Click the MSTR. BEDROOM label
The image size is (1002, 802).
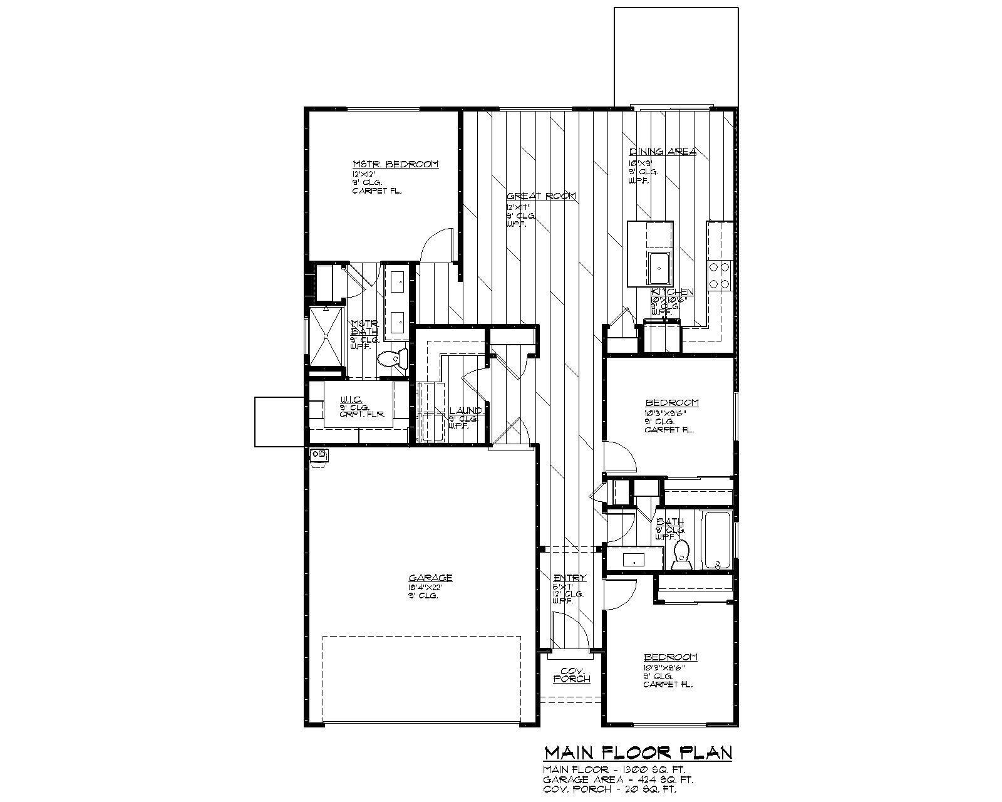tap(395, 164)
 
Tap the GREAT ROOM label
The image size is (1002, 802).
tap(541, 196)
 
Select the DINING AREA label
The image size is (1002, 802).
tap(663, 152)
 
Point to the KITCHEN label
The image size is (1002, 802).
tap(672, 293)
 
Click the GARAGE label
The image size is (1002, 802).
tap(430, 578)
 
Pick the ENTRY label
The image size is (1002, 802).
tap(570, 578)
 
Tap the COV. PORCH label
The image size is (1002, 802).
tap(572, 674)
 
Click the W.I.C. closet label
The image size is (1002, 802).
tap(349, 400)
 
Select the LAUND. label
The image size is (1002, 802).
tap(465, 411)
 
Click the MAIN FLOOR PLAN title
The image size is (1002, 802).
tap(638, 753)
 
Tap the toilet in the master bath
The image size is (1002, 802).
tap(392, 359)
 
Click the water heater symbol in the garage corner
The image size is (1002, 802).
tap(319, 456)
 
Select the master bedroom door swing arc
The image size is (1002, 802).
tap(435, 245)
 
